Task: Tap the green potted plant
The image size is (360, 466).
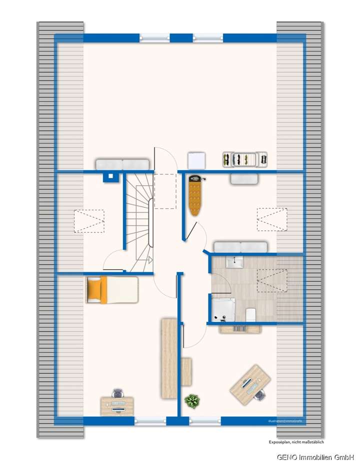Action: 191,401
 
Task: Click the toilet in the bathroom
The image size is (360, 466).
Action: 251,314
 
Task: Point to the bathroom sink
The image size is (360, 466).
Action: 233,262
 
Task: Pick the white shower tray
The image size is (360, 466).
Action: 223,308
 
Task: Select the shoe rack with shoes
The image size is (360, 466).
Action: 245,159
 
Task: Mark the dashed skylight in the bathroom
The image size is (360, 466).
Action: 272,280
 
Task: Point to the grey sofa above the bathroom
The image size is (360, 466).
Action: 240,247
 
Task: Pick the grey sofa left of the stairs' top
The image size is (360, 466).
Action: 122,164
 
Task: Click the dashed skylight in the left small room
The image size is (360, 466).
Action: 89,221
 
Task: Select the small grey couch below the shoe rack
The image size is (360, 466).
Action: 244,179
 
